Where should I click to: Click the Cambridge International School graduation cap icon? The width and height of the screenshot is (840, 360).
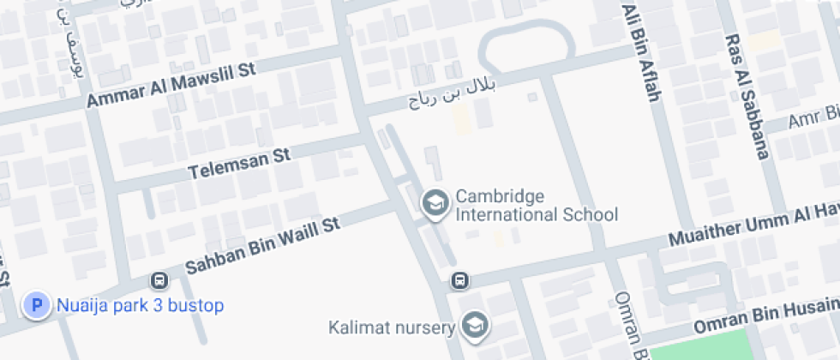pyautogui.click(x=435, y=203)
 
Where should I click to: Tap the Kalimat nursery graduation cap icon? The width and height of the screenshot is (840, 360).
pyautogui.click(x=472, y=325)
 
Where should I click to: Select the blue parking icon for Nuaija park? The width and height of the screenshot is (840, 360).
pyautogui.click(x=37, y=304)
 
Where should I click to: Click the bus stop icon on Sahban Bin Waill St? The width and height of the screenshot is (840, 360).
pyautogui.click(x=159, y=280)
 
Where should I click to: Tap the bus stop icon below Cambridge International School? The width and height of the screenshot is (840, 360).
pyautogui.click(x=460, y=280)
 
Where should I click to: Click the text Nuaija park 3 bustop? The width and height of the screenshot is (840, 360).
pyautogui.click(x=140, y=305)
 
